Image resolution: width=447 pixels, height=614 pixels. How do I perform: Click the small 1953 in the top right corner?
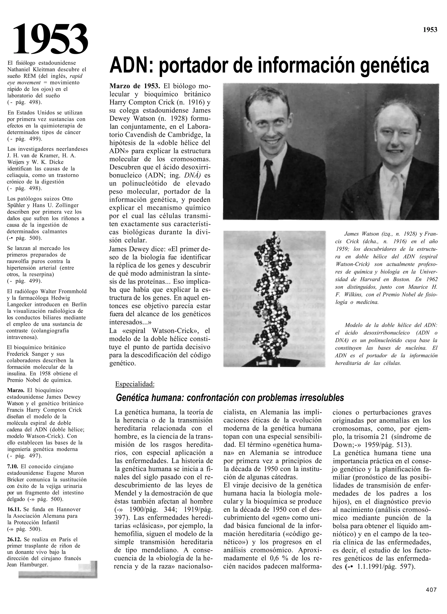click(430, 30)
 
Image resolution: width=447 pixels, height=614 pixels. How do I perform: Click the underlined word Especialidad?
click(135, 384)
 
